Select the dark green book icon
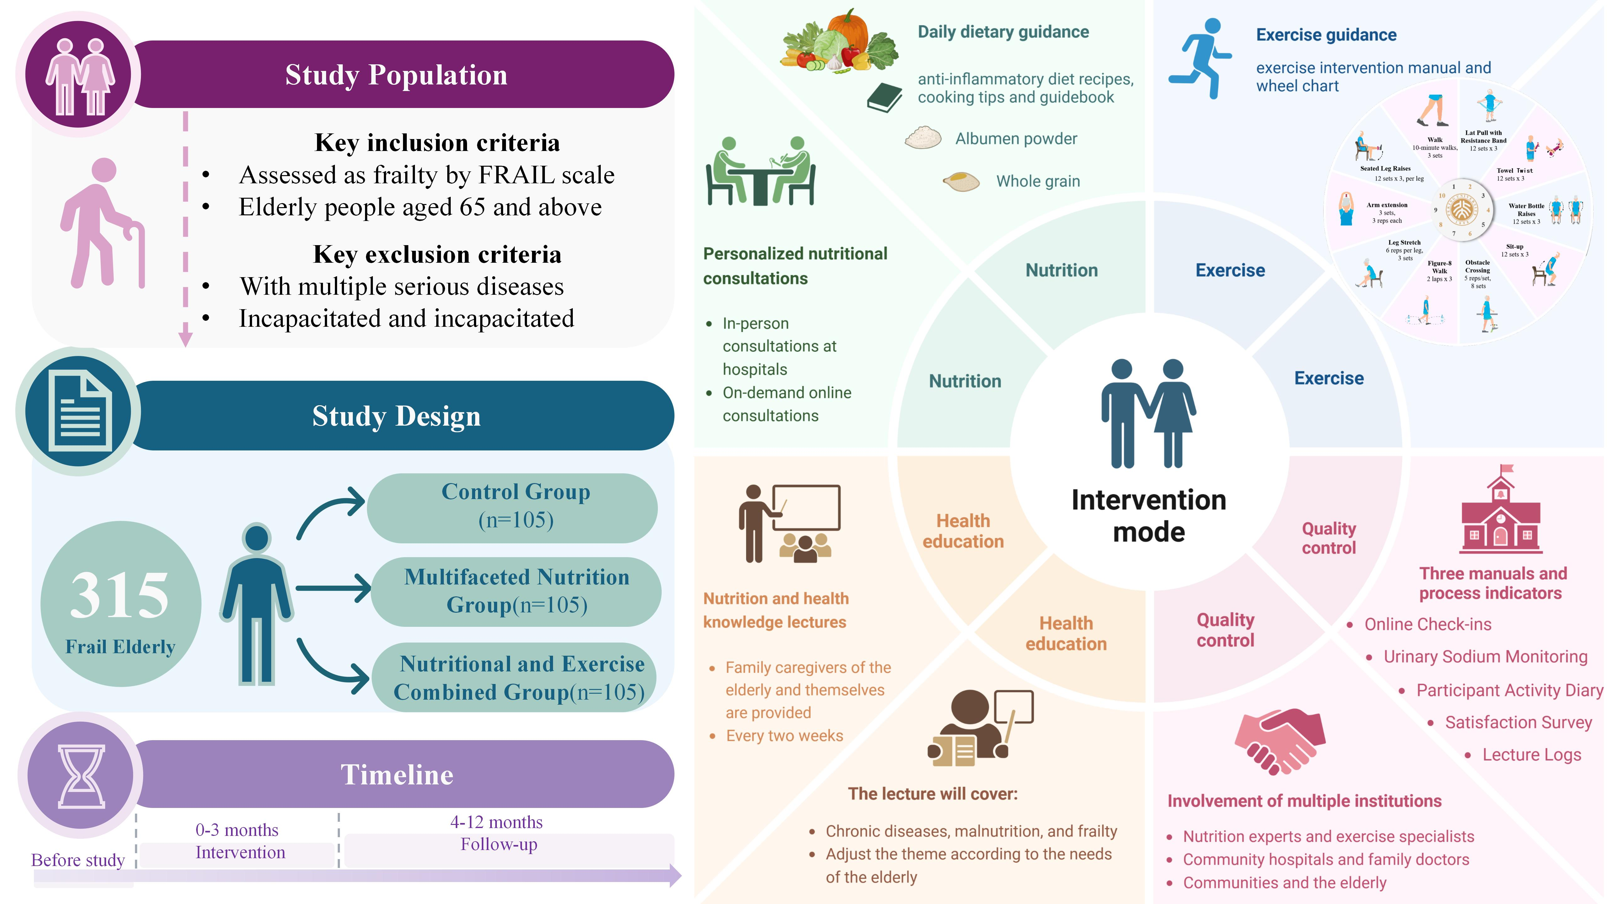pos(884,98)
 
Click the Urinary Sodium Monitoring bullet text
pos(1485,657)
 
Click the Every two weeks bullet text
pos(784,735)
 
